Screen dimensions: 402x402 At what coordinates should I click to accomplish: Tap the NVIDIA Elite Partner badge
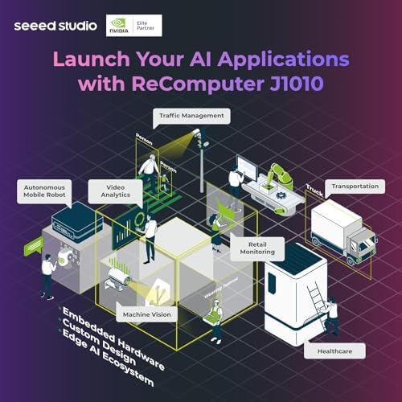[133, 26]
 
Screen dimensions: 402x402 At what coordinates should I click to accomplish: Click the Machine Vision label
[146, 314]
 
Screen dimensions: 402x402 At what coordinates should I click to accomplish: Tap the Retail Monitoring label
[257, 247]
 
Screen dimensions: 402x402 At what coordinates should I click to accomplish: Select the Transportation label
[354, 186]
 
